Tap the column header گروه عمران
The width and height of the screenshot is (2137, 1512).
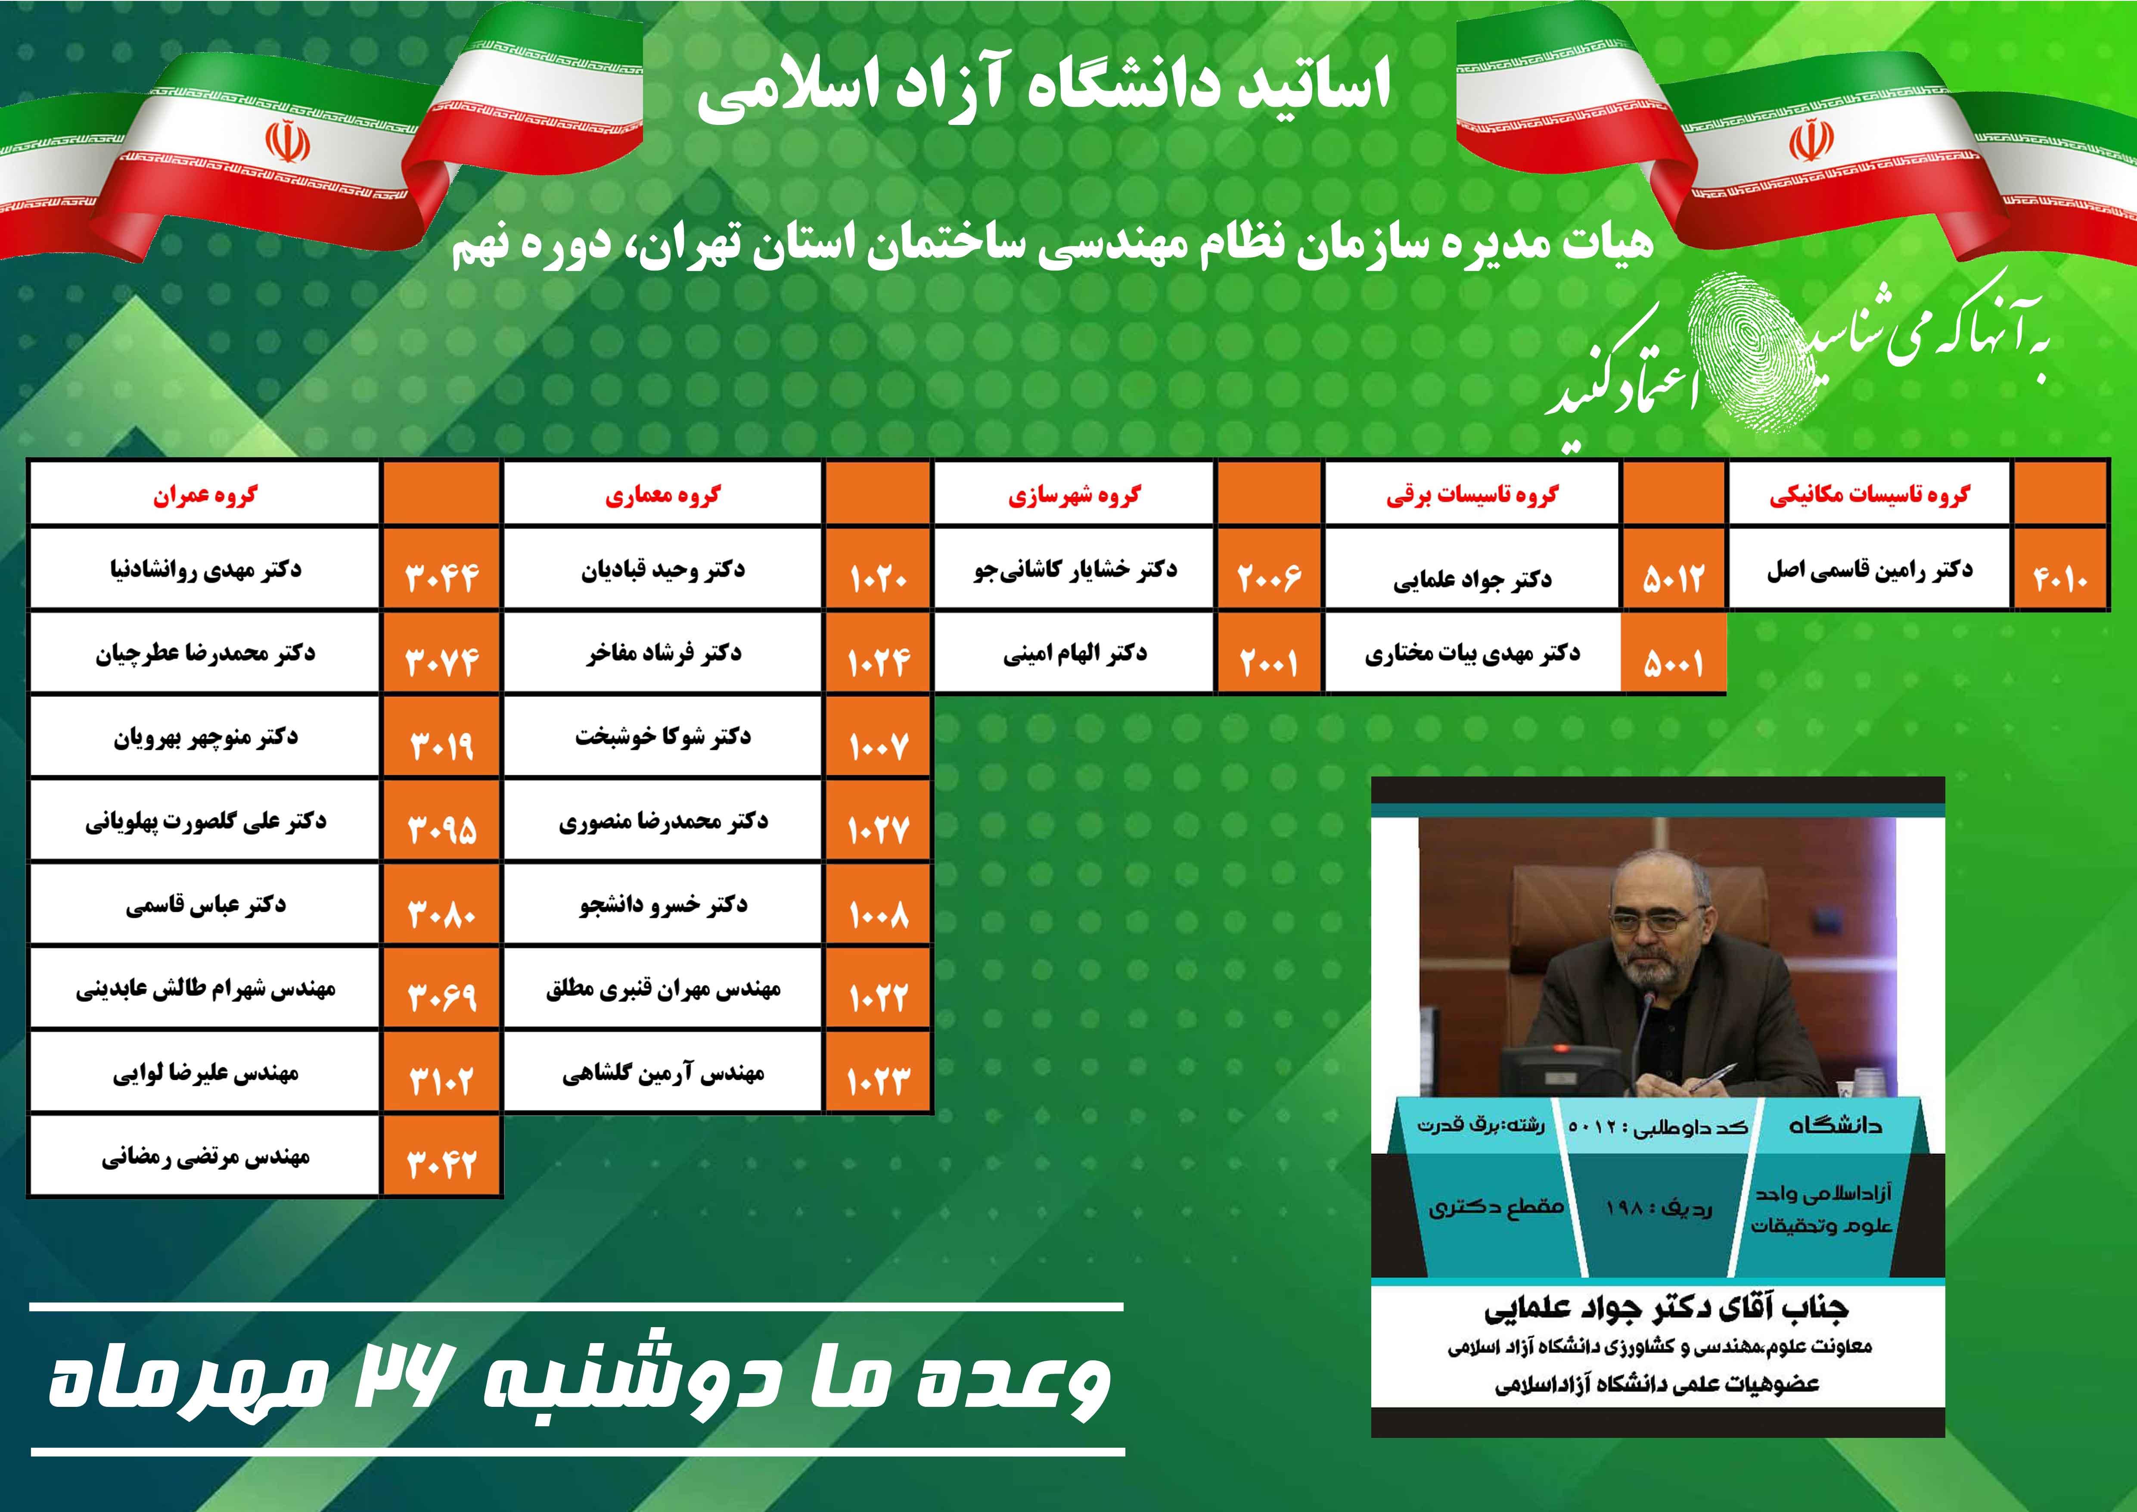click(x=205, y=494)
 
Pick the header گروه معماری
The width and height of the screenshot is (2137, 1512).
click(x=663, y=494)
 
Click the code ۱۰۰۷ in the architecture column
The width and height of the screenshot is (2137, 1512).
click(x=878, y=736)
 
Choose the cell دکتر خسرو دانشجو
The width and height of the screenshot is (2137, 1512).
click(x=663, y=904)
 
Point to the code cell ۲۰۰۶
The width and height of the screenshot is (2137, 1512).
click(x=1269, y=569)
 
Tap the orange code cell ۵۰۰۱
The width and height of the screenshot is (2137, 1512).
click(x=1674, y=653)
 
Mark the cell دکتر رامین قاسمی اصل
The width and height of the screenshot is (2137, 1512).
click(x=1870, y=569)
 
